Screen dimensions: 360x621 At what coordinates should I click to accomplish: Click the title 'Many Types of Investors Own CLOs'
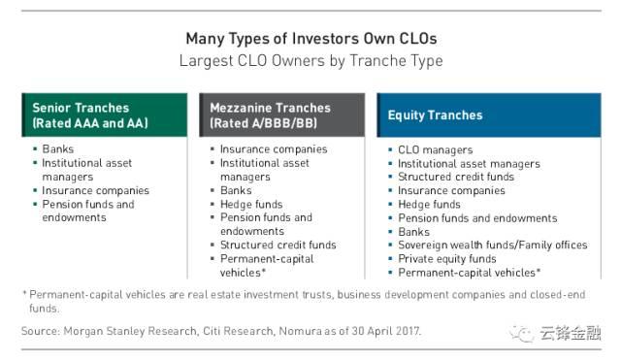pos(310,39)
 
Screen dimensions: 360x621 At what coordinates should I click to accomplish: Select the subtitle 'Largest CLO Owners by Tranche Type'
pos(310,60)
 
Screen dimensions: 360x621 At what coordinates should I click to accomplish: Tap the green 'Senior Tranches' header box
pos(105,115)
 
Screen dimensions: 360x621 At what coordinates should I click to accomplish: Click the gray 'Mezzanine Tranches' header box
pos(282,115)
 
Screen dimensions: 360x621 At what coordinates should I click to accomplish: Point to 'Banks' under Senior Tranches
pos(59,150)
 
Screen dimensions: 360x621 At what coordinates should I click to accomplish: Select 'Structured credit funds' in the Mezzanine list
pos(278,245)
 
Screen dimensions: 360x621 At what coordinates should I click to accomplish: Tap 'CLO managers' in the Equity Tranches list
pos(435,150)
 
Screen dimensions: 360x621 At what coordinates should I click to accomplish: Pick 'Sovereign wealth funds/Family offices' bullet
pos(493,245)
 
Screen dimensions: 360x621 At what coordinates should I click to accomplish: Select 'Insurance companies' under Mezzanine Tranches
pos(274,150)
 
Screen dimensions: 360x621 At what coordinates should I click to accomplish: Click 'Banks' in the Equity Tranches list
pos(413,232)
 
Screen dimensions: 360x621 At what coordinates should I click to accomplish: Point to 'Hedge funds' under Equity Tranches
pos(429,205)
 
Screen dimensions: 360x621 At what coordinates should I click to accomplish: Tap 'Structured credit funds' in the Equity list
pos(456,178)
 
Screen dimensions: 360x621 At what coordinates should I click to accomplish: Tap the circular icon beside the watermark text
pos(524,335)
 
